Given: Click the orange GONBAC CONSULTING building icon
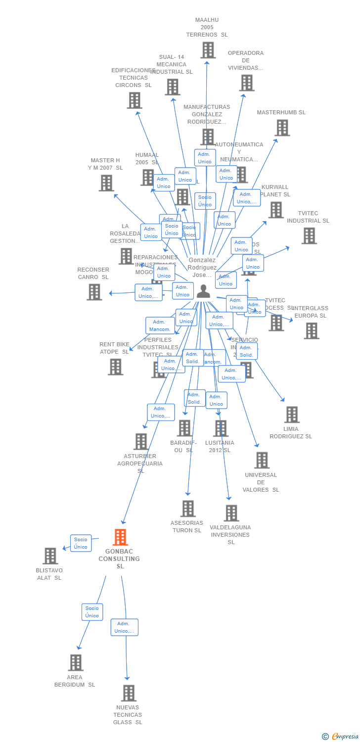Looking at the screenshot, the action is click(120, 537).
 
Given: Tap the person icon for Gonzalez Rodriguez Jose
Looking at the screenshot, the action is click(203, 291).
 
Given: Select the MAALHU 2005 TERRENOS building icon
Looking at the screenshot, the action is click(208, 50).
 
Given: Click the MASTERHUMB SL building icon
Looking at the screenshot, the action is click(282, 128).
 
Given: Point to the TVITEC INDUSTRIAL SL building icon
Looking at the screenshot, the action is click(309, 236).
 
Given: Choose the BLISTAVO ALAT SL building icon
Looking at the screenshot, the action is click(50, 556).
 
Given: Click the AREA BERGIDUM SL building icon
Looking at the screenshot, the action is click(76, 663).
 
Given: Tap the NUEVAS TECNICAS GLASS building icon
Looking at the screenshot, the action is click(129, 693).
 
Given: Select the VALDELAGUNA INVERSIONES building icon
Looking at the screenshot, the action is click(231, 513).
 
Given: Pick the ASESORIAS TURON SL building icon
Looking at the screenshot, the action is click(188, 509).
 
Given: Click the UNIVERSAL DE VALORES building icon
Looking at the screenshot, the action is click(262, 460).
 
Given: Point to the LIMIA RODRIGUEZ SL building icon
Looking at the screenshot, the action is click(292, 415).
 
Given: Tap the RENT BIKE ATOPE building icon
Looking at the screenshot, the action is click(115, 367).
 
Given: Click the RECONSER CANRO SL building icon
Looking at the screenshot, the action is click(94, 292).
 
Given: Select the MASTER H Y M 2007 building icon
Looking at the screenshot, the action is click(106, 183).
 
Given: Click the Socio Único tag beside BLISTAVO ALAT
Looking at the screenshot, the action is click(81, 543).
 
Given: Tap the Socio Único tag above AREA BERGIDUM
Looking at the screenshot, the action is click(92, 612).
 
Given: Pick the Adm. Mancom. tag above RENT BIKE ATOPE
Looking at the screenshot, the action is click(160, 325).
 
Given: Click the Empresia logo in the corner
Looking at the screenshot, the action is click(341, 737).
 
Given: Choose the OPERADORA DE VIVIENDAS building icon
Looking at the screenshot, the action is click(247, 83).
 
